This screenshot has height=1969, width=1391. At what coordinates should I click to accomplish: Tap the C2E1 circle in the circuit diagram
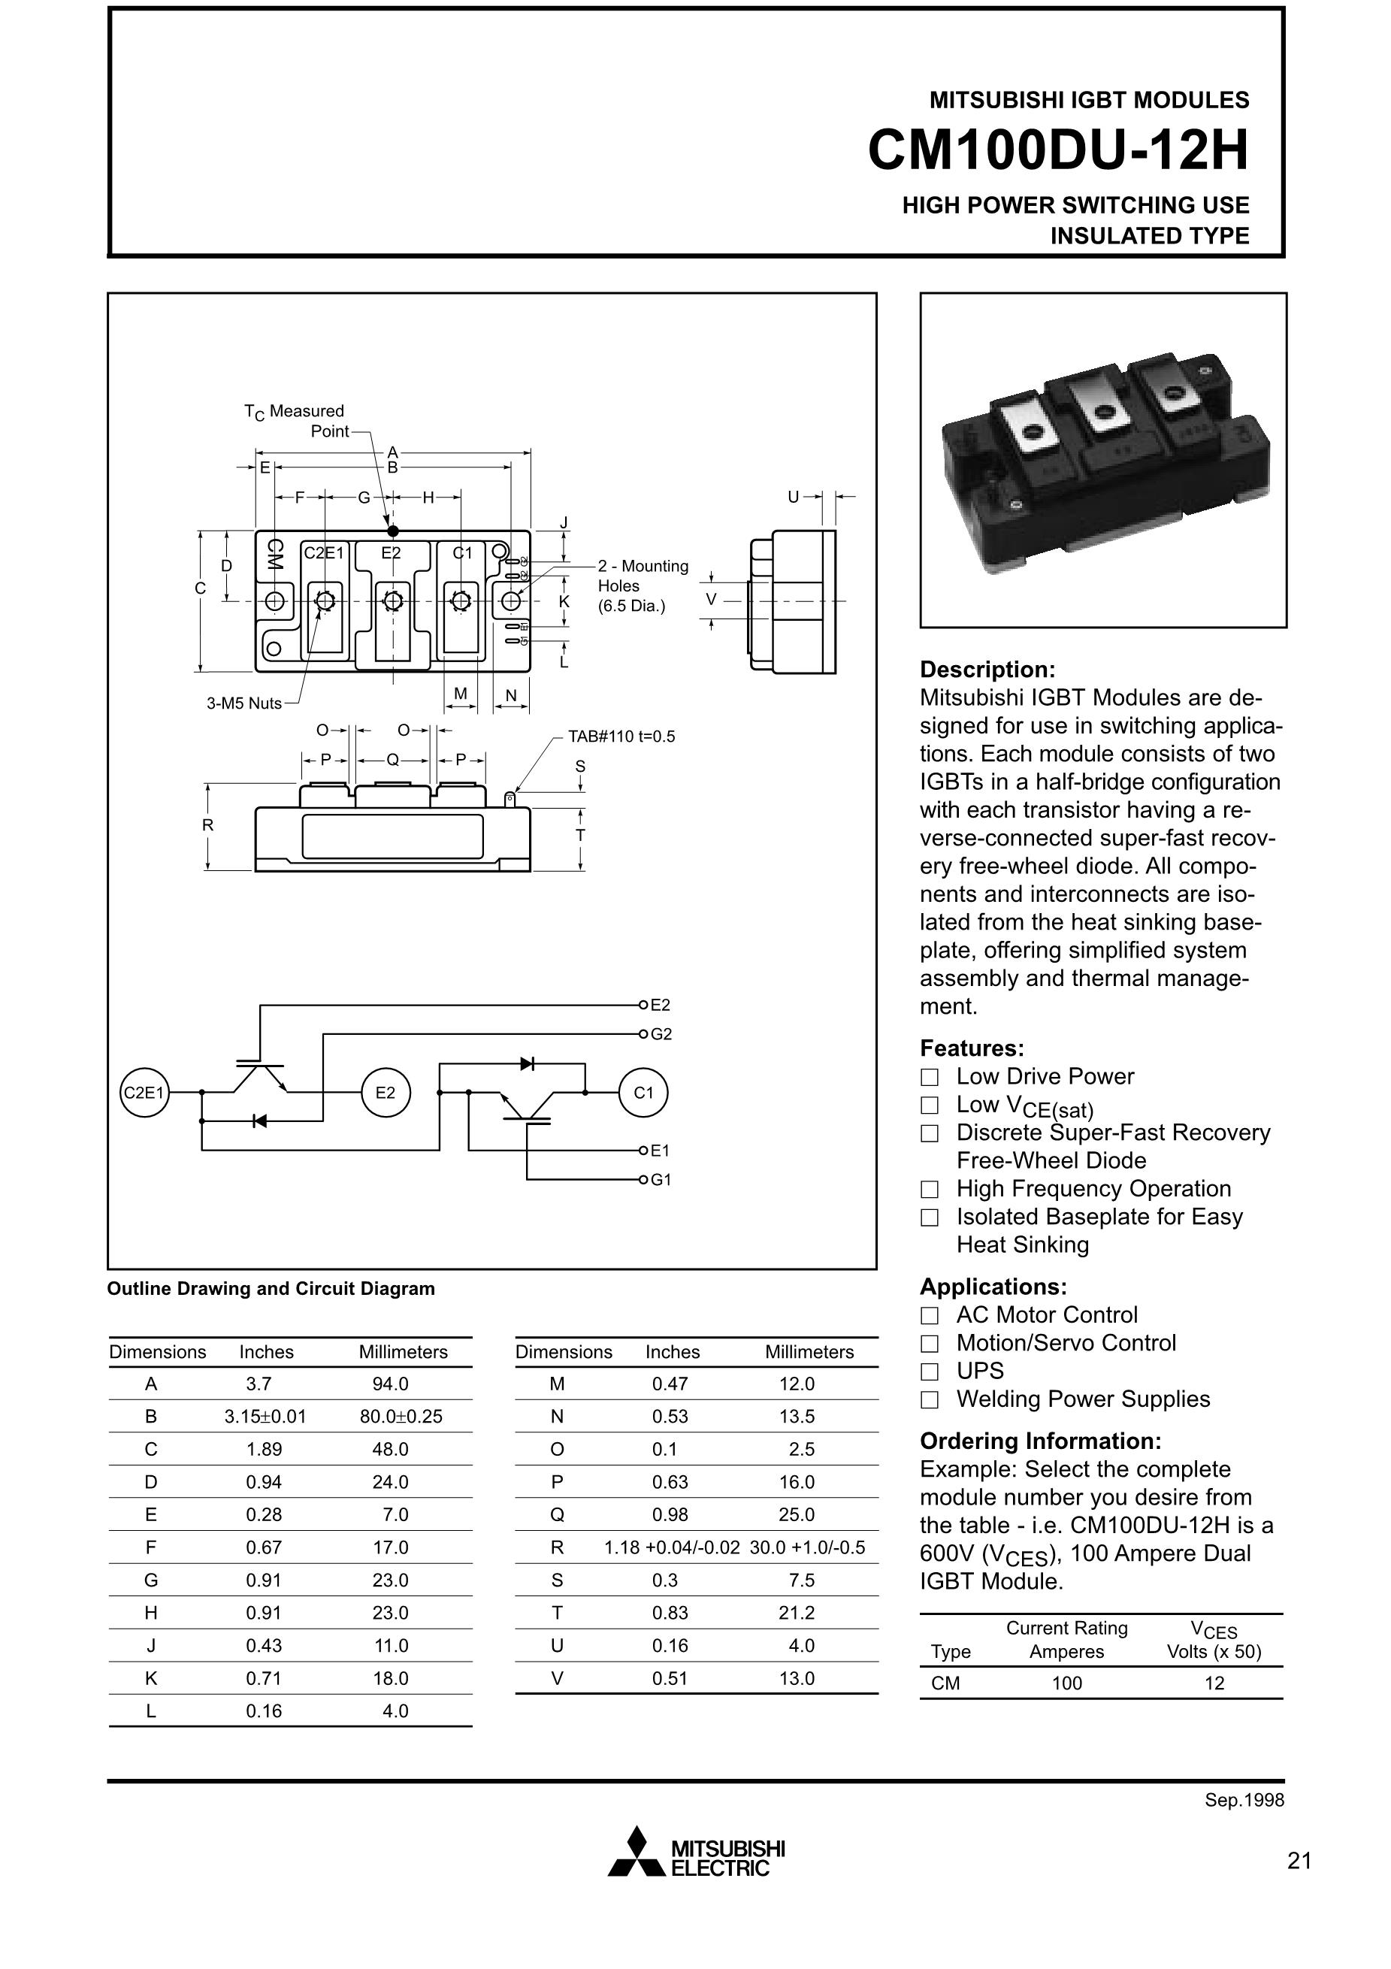[x=144, y=1093]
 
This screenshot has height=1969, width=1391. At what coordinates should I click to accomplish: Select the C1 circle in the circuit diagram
[x=643, y=1093]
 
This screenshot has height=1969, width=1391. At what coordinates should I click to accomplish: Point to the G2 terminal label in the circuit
[x=661, y=1034]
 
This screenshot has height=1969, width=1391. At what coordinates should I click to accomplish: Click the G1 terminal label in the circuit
[x=661, y=1180]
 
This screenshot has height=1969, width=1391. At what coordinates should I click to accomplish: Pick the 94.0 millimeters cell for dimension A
[x=390, y=1384]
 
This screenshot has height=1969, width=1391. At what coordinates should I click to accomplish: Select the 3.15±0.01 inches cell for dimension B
[x=265, y=1417]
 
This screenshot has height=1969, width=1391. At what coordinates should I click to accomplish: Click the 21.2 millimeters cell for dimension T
[x=796, y=1613]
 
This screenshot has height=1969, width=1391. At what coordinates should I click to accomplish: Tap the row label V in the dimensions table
[x=557, y=1678]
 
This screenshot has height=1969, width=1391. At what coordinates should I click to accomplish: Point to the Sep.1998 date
[x=1244, y=1800]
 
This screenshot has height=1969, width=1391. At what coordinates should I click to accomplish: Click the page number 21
[x=1299, y=1860]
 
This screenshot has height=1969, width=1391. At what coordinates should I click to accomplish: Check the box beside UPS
[x=930, y=1372]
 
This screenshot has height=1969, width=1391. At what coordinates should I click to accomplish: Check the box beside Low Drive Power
[x=930, y=1077]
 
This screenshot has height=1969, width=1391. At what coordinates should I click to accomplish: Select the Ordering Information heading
[x=1040, y=1441]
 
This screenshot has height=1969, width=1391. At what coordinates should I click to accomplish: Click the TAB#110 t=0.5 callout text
[x=621, y=736]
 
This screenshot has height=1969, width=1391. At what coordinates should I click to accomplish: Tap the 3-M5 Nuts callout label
[x=243, y=703]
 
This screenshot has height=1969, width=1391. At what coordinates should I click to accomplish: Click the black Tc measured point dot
[x=393, y=531]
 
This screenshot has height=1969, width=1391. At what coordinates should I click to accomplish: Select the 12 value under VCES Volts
[x=1214, y=1683]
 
